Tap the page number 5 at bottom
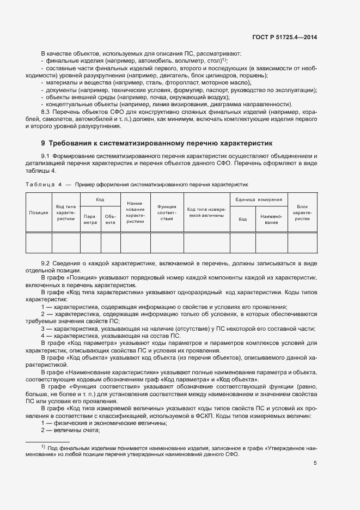pyautogui.click(x=315, y=464)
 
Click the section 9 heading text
pyautogui.click(x=156, y=144)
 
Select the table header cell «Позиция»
pyautogui.click(x=39, y=212)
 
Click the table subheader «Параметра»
pyautogui.click(x=90, y=219)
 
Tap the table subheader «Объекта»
pyautogui.click(x=111, y=219)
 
